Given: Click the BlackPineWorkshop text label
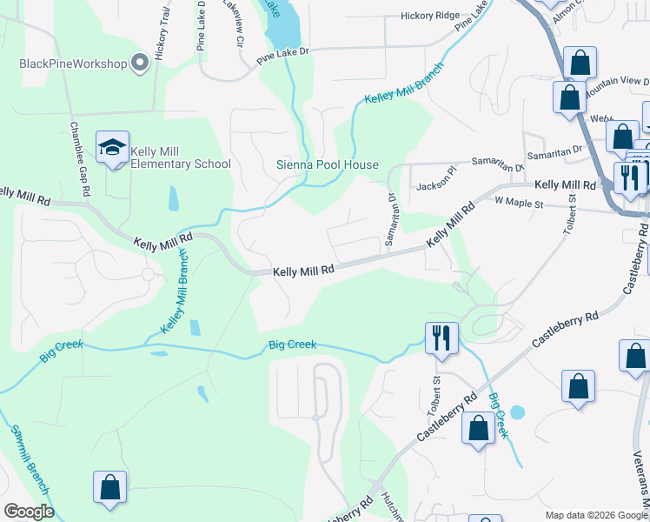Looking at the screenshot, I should tap(73, 63).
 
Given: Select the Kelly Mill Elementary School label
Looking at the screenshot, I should tap(181, 164).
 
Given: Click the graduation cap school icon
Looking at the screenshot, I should tap(112, 151).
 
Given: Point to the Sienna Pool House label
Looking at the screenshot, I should tap(328, 164).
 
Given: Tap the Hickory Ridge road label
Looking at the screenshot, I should tap(429, 16).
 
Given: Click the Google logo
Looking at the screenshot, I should tap(29, 512).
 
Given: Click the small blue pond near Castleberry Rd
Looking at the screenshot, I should tap(518, 412).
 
